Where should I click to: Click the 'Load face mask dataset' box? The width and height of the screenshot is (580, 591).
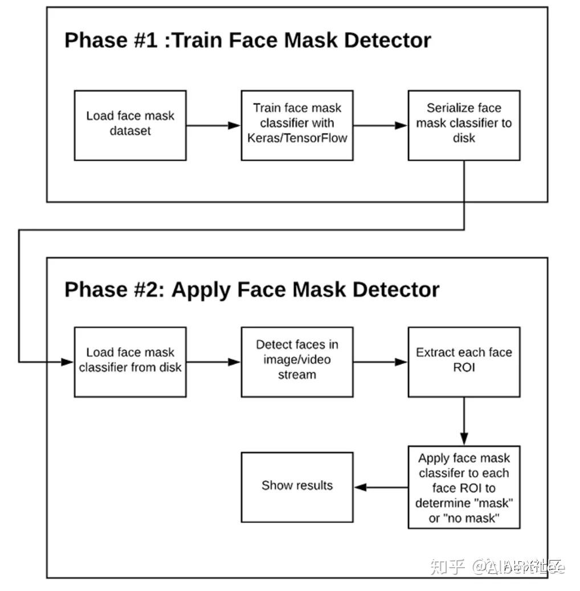tap(130, 124)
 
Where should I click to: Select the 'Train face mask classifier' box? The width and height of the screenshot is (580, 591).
tap(297, 124)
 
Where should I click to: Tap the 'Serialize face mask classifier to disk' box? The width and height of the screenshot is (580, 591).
tap(464, 124)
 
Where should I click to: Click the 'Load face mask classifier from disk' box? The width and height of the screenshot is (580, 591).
tap(130, 361)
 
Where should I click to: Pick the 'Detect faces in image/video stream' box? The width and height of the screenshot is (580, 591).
tap(297, 361)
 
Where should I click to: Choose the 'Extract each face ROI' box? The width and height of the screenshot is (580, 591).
tap(464, 361)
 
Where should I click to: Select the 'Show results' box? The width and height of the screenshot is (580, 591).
tap(297, 487)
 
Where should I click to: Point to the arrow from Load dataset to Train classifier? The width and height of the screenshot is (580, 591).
tap(213, 126)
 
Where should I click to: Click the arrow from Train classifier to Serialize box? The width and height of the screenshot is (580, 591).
tap(380, 126)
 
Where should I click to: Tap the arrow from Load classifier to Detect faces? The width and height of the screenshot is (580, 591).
tap(213, 362)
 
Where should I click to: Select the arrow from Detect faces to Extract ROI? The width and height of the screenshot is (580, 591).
tap(380, 362)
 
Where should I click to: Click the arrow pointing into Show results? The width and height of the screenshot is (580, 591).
tap(380, 487)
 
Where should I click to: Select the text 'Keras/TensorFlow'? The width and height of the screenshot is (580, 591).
tap(297, 138)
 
